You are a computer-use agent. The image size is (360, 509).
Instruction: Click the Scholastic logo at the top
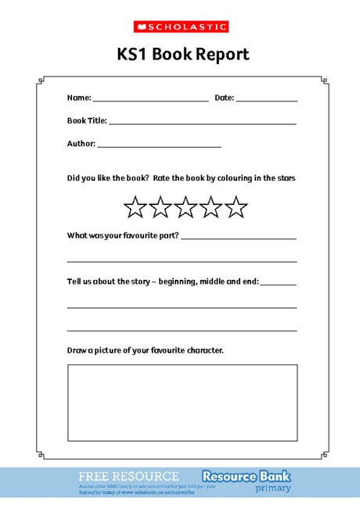[x=179, y=27]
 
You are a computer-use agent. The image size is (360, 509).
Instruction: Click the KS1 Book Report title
[x=179, y=54]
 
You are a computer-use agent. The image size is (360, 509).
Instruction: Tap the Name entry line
[x=150, y=100]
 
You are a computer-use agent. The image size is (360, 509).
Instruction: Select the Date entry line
[x=266, y=100]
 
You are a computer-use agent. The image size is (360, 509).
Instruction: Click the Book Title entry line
[x=202, y=123]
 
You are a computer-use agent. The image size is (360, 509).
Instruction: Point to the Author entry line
[x=159, y=145]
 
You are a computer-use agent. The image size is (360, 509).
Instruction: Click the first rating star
[x=135, y=207]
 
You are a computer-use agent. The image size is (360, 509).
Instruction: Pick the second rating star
[x=160, y=207]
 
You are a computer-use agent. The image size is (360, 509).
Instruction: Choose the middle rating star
[x=185, y=207]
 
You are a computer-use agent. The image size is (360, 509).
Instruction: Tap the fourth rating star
[x=211, y=207]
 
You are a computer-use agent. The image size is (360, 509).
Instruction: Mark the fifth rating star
[x=236, y=207]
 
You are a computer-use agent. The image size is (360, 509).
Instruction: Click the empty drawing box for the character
[x=182, y=402]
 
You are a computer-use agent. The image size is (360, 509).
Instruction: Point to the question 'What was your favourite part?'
[x=123, y=235]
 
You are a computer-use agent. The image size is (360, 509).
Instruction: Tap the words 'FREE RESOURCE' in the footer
[x=128, y=475]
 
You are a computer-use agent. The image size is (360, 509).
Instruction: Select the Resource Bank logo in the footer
[x=246, y=475]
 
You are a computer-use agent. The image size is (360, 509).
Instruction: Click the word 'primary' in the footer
[x=272, y=488]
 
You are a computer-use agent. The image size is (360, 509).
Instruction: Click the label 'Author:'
[x=81, y=144]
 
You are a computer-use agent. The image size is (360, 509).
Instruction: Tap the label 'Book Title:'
[x=86, y=121]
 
